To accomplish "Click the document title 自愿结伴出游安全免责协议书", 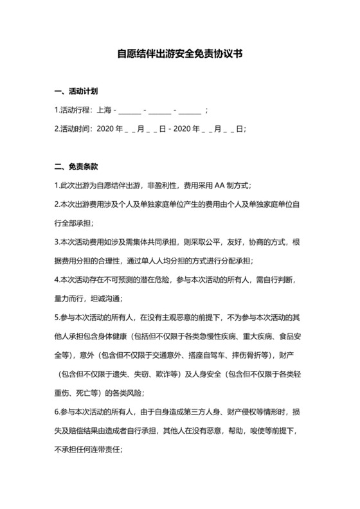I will coord(179,55).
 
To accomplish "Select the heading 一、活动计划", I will coord(76,92).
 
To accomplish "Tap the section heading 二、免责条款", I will coord(76,166).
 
